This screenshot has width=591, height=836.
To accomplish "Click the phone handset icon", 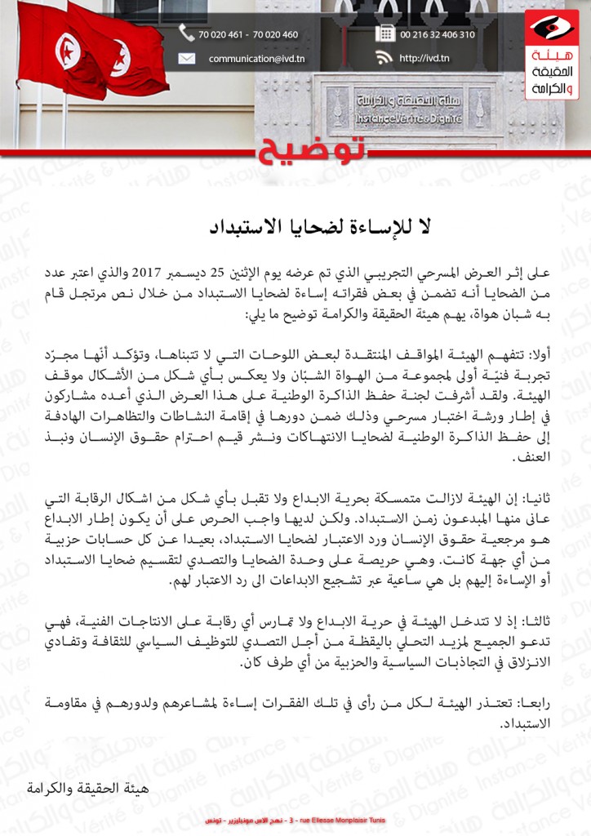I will point(187,33).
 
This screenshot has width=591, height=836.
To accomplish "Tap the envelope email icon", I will point(187,58).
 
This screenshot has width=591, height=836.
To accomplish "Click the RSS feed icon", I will point(384,58).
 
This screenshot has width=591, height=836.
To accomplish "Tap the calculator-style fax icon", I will point(384,33).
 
